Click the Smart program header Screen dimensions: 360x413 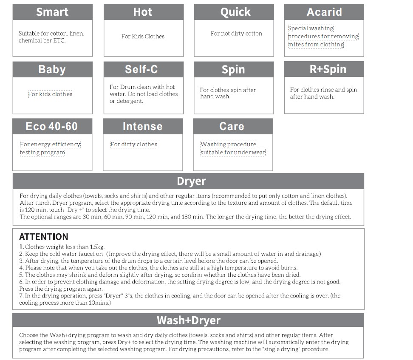(x=52, y=12)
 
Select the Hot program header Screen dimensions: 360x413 (x=143, y=12)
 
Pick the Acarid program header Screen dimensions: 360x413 (x=324, y=12)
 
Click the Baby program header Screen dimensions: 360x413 (x=52, y=69)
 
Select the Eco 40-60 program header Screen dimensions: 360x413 (x=52, y=126)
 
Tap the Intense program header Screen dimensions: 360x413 (x=142, y=126)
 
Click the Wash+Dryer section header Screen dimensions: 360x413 (x=188, y=320)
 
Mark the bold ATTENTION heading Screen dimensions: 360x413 (x=43, y=237)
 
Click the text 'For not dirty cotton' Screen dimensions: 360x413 (x=236, y=34)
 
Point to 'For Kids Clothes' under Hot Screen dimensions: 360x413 (x=143, y=37)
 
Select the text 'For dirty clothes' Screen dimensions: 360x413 (x=134, y=145)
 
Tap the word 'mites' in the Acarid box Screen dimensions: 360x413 (x=296, y=45)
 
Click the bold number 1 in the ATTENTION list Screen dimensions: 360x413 (x=21, y=247)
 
